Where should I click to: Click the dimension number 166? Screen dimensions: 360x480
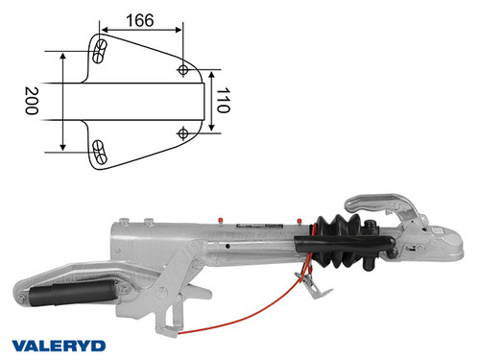[141, 18]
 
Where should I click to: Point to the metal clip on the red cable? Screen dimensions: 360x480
[306, 284]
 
